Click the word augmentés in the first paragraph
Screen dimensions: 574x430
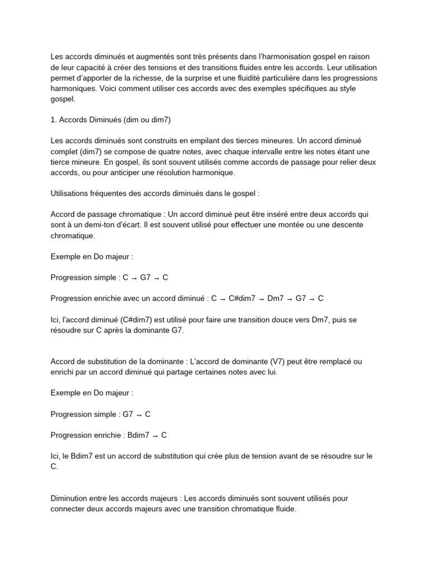coord(149,57)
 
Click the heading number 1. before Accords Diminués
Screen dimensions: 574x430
coord(53,119)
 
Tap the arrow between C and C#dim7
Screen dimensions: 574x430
coord(222,298)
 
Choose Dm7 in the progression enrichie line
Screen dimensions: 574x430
coord(276,298)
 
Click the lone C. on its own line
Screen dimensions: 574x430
coord(54,466)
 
